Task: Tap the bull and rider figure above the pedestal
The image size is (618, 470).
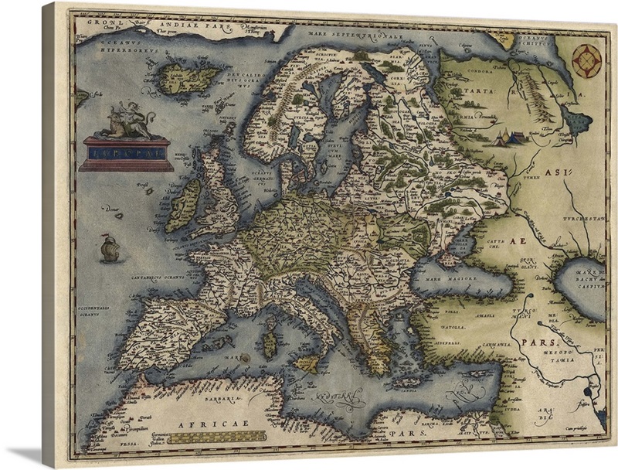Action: click(x=127, y=121)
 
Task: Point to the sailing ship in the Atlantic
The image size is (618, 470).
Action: click(x=110, y=247)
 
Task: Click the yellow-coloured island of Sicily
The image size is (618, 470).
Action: click(x=307, y=363)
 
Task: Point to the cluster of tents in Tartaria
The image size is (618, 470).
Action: click(x=508, y=138)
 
